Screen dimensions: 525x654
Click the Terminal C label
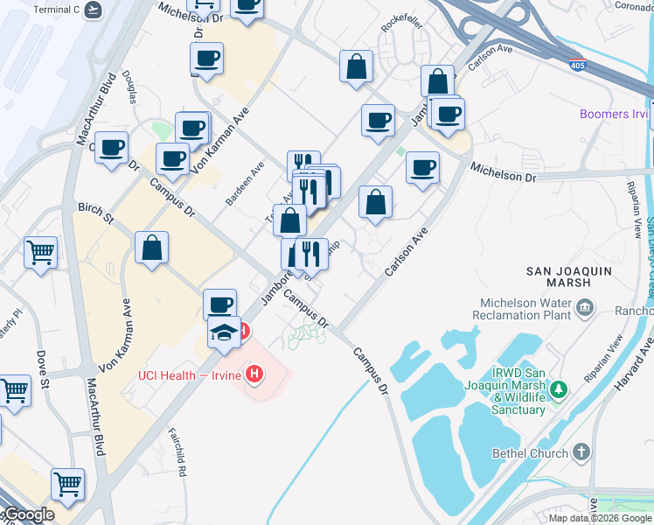pyautogui.click(x=56, y=10)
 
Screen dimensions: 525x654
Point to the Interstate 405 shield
pyautogui.click(x=577, y=65)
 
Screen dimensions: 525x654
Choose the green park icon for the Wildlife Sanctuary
pyautogui.click(x=565, y=388)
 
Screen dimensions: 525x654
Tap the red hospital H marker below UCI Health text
pyautogui.click(x=254, y=375)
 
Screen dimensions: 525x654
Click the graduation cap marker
pyautogui.click(x=224, y=333)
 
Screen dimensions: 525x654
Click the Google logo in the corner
pyautogui.click(x=28, y=514)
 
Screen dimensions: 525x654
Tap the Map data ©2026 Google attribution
pyautogui.click(x=601, y=518)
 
